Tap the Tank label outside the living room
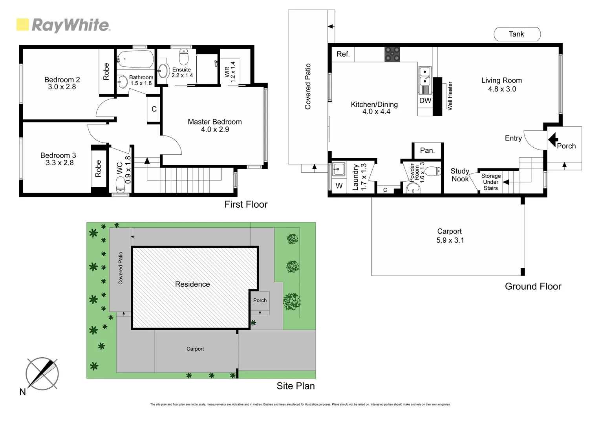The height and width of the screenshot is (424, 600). click(516, 34)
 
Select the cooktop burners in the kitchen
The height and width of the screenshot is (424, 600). click(392, 54)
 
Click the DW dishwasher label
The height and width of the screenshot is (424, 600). click(425, 101)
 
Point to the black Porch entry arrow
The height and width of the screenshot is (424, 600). click(553, 139)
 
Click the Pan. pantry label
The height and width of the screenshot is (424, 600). click(427, 150)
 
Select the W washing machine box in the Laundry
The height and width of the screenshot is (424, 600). click(339, 186)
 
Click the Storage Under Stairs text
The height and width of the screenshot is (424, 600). click(491, 182)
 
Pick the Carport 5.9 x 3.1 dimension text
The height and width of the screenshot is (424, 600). click(450, 240)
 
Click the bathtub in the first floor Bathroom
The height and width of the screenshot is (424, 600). click(135, 60)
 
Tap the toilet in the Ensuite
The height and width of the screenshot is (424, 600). click(184, 57)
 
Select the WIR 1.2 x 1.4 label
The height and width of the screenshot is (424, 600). click(230, 71)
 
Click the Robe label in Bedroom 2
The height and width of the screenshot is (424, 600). click(106, 71)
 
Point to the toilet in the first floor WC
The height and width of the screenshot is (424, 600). click(120, 183)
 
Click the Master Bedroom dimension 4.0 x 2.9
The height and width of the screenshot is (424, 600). click(215, 130)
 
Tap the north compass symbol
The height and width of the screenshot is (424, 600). click(42, 373)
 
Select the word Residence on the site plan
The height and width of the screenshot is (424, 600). click(192, 284)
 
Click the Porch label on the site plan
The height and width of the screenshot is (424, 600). click(260, 300)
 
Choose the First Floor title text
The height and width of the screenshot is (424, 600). click(246, 204)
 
